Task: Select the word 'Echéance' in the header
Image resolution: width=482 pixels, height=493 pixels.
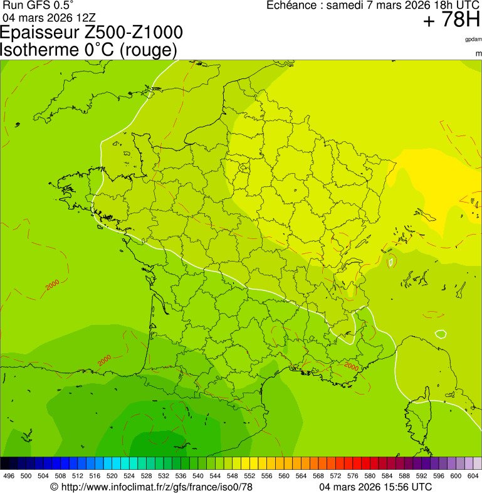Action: pos(291,6)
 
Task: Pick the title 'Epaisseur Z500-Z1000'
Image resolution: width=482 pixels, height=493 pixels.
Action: pos(92,33)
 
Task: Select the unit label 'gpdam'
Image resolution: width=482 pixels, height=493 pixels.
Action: pos(473,40)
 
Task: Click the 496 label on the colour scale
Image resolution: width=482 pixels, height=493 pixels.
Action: pos(9,476)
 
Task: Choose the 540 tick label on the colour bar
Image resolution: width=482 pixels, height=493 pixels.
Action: pos(197,476)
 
